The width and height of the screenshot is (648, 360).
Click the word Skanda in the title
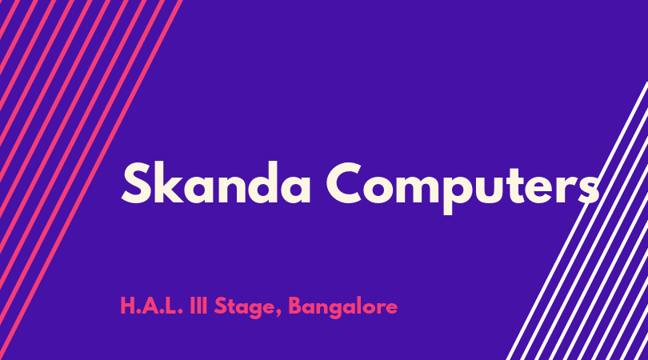click(x=216, y=182)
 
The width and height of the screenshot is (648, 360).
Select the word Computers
click(x=463, y=188)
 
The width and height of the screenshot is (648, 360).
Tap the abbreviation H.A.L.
click(x=151, y=306)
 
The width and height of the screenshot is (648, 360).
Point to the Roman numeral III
click(x=198, y=306)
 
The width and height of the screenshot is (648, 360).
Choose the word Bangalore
click(x=343, y=307)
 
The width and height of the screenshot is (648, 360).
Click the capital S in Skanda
click(x=135, y=182)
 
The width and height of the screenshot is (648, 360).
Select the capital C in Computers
click(x=346, y=182)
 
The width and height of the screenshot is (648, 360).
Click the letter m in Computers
click(x=415, y=188)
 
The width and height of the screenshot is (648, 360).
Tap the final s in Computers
click(x=588, y=188)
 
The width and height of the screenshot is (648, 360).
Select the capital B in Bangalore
click(x=295, y=306)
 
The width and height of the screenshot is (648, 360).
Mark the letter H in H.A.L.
click(x=127, y=306)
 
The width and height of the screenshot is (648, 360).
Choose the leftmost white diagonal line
click(x=577, y=221)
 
